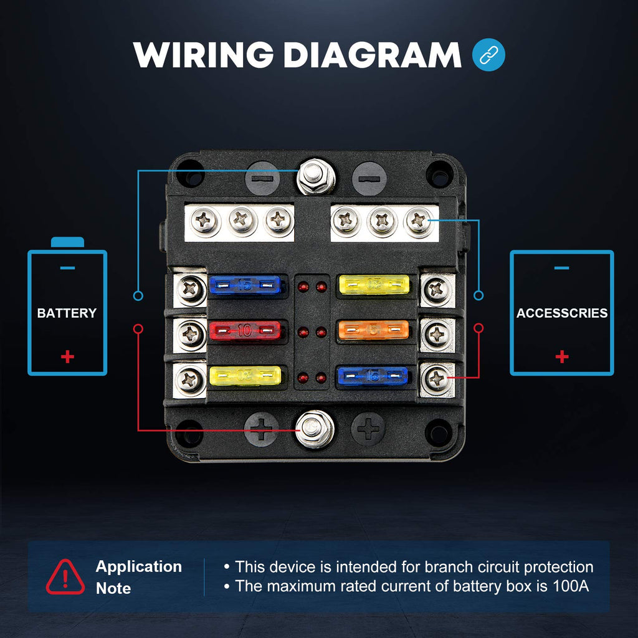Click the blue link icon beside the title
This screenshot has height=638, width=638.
point(489,55)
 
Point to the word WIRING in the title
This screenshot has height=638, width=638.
point(204,55)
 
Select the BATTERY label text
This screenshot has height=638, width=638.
point(67,313)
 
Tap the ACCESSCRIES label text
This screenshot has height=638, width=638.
point(561,313)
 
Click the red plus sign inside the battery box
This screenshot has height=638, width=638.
point(67,356)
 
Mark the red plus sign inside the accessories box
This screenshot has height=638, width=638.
point(561,356)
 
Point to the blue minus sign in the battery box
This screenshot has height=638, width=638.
point(67,268)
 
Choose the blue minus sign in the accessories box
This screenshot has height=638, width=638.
point(561,268)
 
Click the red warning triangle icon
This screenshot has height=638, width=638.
point(65,577)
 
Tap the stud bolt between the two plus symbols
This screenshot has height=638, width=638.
point(314,428)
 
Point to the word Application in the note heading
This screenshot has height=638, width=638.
point(138,566)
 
